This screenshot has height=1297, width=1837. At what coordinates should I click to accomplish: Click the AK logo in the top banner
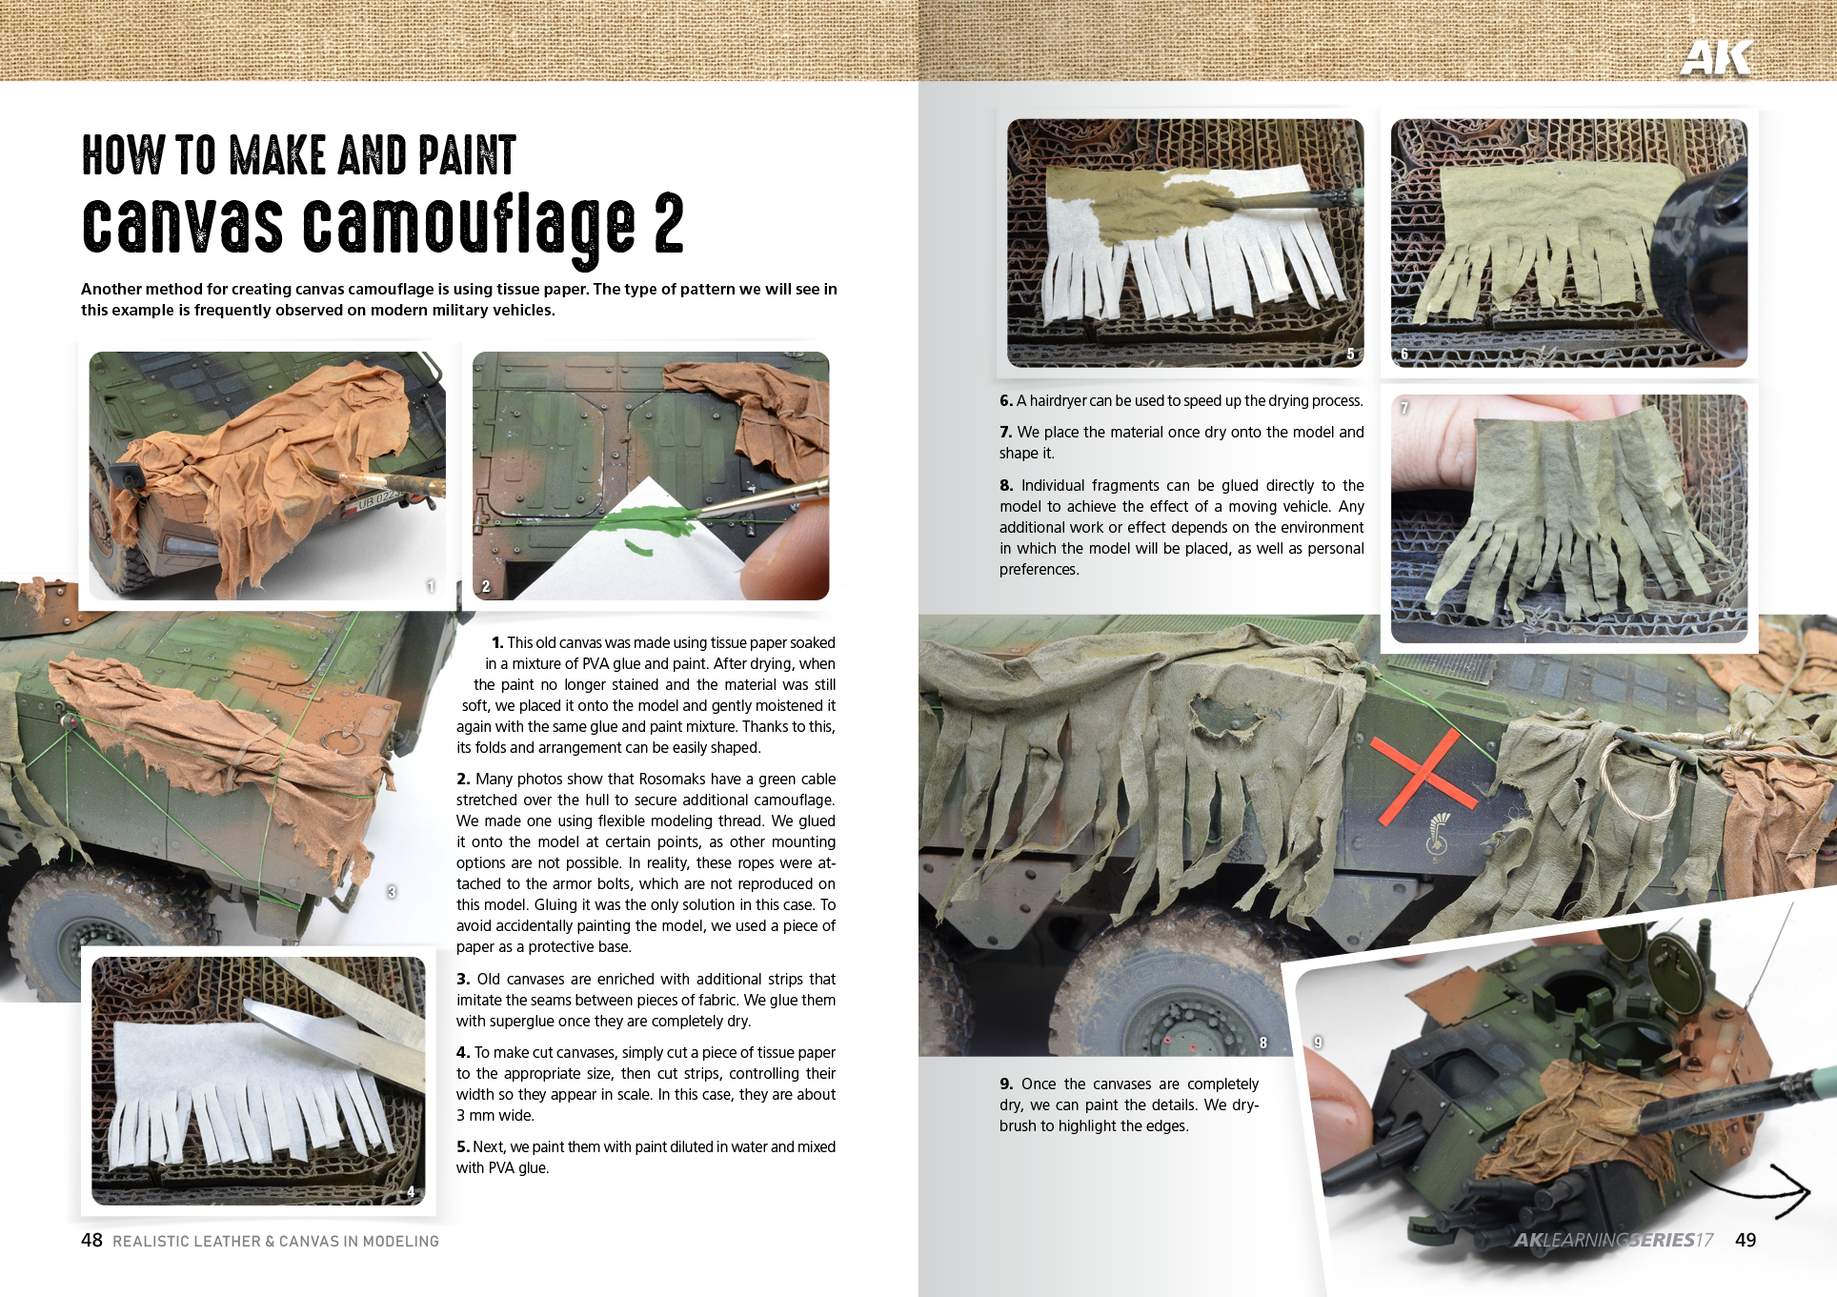coord(1715,58)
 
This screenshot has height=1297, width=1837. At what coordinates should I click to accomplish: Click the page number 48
coord(91,1240)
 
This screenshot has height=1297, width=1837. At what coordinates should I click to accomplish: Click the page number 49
coord(1746,1240)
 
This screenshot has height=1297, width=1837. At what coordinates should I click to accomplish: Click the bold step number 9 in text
coord(1006,1084)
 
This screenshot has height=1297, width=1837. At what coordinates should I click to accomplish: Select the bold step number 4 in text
coord(462,1052)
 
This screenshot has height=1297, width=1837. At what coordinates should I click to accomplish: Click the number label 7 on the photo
coord(1404,408)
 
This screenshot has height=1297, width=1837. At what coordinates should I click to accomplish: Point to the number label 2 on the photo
coord(486,586)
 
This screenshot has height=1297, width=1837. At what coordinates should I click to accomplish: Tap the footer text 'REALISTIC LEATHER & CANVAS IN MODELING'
coord(275,1241)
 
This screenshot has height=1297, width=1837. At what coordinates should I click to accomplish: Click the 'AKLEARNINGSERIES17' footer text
coord(1613,1240)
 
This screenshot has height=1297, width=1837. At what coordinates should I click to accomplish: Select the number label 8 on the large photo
coord(1263,1043)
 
